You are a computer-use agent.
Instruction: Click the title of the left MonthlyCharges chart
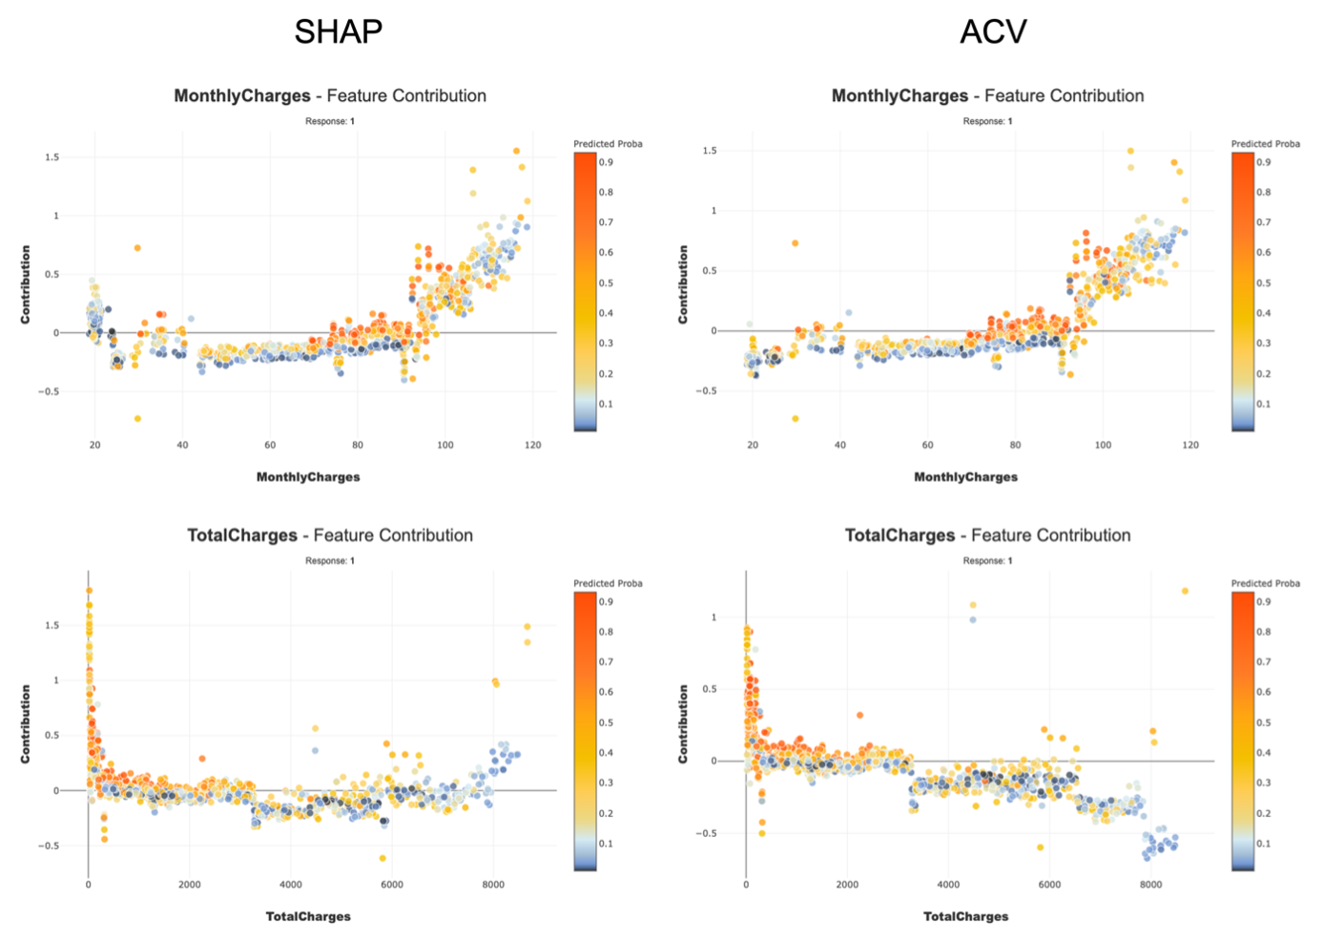coord(330,95)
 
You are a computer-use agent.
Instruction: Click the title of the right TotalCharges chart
coord(987,535)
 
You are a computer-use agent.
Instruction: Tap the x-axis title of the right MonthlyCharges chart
coord(965,477)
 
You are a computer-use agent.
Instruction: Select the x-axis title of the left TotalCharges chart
coord(308,916)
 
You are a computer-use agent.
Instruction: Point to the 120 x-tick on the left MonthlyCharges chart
coord(532,445)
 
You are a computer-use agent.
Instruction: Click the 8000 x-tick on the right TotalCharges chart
coord(1150,885)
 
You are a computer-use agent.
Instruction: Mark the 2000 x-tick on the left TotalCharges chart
coord(190,885)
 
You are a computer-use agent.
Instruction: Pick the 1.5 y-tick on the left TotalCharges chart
coord(52,626)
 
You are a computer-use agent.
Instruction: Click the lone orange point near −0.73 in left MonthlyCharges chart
coord(137,419)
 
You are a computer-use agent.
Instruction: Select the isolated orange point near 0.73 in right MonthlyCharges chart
coord(795,243)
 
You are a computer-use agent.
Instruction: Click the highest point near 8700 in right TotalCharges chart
coord(1185,592)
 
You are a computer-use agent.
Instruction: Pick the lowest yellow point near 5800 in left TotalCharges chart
coord(382,858)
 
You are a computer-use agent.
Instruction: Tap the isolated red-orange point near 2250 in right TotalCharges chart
coord(859,715)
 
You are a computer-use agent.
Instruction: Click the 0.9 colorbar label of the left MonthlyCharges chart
coord(606,162)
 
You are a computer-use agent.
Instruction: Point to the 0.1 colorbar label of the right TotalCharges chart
coord(1263,844)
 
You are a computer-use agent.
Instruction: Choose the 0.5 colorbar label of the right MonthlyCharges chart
coord(1263,283)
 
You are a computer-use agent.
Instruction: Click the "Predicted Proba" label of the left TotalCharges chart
coord(608,583)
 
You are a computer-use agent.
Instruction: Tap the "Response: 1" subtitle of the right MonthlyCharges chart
coord(987,121)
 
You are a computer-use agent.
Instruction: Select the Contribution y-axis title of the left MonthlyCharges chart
coord(26,284)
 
